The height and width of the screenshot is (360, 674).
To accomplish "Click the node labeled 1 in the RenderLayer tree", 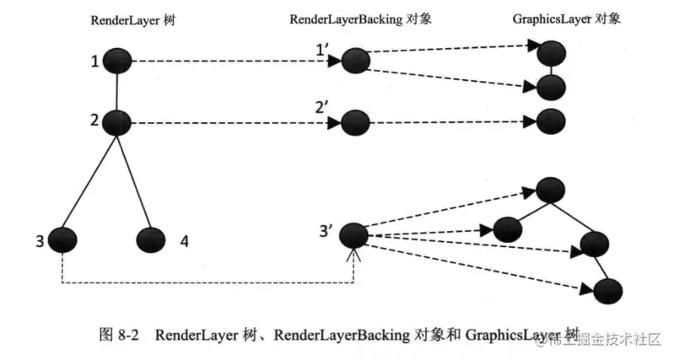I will (x=118, y=61).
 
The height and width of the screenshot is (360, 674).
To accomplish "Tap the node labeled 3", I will (x=62, y=240).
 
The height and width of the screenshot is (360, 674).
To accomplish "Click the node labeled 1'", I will (x=355, y=61).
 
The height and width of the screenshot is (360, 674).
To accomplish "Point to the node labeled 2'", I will (x=355, y=123).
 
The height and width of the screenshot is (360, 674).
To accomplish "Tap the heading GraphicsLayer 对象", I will (x=566, y=18).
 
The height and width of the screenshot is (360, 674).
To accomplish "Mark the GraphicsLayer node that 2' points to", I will (x=550, y=121).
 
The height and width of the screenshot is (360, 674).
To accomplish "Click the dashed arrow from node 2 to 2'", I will (x=228, y=123).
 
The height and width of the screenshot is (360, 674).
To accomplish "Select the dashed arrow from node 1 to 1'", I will (x=228, y=61).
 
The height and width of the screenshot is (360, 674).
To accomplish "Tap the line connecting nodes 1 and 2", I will (x=118, y=92).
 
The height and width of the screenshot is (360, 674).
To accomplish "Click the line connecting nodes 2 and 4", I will (x=134, y=181).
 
